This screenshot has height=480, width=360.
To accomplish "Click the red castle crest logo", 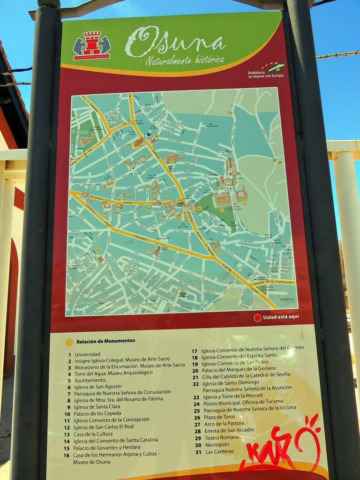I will point(92,45).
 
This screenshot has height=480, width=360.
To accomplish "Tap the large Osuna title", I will point(176,41).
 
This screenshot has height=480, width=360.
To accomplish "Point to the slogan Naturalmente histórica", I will point(184,60).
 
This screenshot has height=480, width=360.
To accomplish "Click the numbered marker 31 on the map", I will point(230,112).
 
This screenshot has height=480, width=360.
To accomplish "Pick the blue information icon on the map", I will point(149,134).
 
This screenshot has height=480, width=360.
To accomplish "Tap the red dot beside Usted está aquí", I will point(257,317).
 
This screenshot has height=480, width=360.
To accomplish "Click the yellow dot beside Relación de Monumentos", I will point(69,342).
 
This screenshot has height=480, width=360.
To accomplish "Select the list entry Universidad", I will point(88,354).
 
